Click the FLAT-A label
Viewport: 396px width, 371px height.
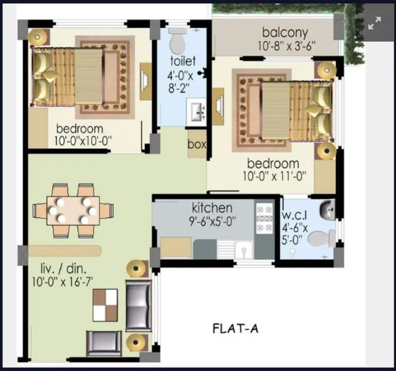coord(235,329)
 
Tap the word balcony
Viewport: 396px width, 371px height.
coord(285,32)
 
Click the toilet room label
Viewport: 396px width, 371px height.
coord(183,61)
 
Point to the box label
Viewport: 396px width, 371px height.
coord(197,145)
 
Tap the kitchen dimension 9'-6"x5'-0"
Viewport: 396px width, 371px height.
coord(213,220)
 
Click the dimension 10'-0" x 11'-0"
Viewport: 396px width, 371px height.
coord(273,176)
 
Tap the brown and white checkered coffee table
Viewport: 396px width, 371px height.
coord(105,303)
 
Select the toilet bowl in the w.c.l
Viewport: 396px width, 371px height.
coord(322,238)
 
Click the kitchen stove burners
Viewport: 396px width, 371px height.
coord(263,220)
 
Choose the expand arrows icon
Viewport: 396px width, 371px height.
coord(375,23)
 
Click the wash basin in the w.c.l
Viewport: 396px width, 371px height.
coord(327,208)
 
